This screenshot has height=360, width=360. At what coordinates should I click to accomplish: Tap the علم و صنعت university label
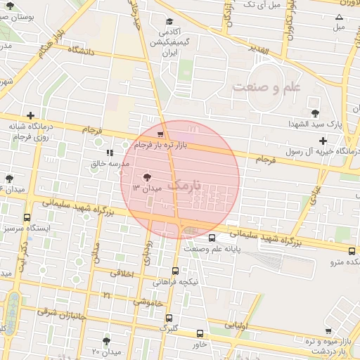click(x=264, y=86)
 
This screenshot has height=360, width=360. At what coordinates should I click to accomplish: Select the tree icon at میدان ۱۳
click(x=147, y=177)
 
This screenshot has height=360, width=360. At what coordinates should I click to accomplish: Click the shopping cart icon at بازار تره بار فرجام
click(x=161, y=134)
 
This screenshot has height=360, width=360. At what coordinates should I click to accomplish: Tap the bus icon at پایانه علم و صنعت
click(x=212, y=238)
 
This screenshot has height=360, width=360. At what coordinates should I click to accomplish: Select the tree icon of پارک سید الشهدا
click(x=314, y=112)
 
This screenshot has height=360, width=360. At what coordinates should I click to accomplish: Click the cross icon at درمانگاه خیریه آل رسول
click(x=322, y=141)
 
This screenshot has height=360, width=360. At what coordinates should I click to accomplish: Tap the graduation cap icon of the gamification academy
click(x=169, y=22)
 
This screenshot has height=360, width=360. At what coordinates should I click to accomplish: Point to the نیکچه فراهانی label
click(x=180, y=281)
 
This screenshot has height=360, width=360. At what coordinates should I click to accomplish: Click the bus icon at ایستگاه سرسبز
click(x=27, y=218)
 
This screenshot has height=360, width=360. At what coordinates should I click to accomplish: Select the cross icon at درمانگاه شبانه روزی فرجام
click(x=30, y=115)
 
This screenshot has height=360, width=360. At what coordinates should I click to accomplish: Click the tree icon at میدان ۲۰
click(x=106, y=340)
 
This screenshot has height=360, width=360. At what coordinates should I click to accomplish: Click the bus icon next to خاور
click(x=200, y=334)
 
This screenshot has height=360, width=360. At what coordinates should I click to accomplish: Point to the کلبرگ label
click(x=168, y=328)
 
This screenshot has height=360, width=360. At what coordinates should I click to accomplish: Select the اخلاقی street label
click(x=122, y=273)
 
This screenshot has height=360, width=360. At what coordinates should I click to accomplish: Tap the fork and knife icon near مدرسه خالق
click(x=108, y=152)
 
